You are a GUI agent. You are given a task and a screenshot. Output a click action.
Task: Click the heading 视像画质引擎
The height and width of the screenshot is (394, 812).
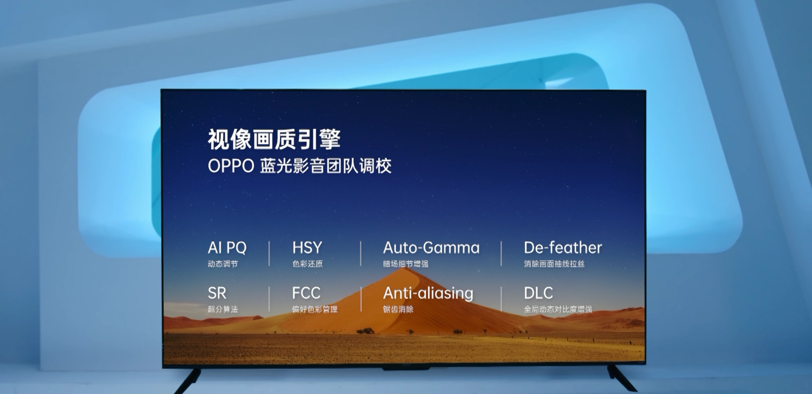[x=274, y=139]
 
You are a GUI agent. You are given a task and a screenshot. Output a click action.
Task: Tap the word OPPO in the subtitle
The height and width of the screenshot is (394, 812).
[x=231, y=166]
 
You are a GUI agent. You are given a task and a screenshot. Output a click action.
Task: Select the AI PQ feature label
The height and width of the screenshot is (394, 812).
[x=227, y=248]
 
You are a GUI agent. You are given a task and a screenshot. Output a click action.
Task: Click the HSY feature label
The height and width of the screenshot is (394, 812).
[x=307, y=248]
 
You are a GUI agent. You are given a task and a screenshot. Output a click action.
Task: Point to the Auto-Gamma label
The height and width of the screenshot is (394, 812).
[x=431, y=248]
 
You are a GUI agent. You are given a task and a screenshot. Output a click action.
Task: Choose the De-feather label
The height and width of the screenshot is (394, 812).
[x=562, y=248]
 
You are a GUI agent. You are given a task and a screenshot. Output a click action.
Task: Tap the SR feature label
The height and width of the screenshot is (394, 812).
[x=217, y=293]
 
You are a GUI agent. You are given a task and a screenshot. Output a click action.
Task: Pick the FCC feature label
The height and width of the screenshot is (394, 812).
[x=306, y=293]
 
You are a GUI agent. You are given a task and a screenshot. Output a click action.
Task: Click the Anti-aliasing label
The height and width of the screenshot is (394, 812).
[x=428, y=293]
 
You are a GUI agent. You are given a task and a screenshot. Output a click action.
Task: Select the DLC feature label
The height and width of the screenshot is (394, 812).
[x=538, y=293]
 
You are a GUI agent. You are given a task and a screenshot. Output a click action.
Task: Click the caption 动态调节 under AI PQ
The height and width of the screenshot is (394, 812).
[x=222, y=264]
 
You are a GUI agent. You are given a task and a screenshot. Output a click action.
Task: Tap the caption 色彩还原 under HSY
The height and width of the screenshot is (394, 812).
[x=307, y=264]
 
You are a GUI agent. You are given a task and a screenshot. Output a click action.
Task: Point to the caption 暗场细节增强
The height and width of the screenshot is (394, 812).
[x=405, y=264]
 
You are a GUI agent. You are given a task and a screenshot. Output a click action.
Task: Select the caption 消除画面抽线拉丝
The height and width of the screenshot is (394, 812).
[x=554, y=264]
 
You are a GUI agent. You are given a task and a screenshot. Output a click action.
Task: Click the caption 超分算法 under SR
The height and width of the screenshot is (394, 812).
[x=222, y=309]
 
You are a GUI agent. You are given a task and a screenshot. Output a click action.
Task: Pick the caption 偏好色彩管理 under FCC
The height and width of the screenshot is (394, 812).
[x=314, y=309]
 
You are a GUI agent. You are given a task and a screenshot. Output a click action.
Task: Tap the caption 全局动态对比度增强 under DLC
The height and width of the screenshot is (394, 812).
[x=558, y=309]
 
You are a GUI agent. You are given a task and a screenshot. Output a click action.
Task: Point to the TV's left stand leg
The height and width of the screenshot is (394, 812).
[x=188, y=381]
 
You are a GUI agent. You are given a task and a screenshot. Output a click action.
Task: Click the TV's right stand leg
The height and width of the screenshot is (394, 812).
[x=622, y=378]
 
